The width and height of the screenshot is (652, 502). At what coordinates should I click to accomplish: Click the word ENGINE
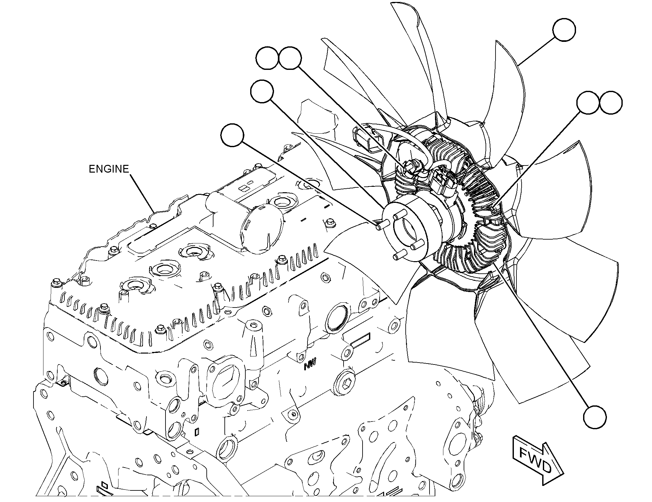[109, 169]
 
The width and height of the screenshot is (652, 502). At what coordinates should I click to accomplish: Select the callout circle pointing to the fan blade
[564, 30]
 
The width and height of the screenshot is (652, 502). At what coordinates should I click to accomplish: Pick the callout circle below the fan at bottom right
[595, 417]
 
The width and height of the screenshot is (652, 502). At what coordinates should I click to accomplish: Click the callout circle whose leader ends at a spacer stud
[233, 135]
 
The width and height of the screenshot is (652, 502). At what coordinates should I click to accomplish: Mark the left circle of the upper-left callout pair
[268, 58]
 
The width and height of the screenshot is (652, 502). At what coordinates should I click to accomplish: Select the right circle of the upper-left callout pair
[290, 58]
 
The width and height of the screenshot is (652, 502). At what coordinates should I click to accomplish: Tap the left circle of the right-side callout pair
[588, 102]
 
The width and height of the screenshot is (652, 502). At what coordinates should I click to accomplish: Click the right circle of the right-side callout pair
[611, 102]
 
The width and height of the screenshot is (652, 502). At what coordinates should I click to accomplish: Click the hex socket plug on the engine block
[344, 384]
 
